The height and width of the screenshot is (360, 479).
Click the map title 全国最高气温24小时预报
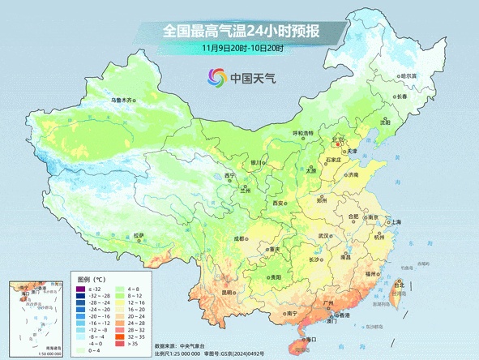[x=241, y=32]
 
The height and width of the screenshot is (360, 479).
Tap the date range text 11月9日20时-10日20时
[x=242, y=49]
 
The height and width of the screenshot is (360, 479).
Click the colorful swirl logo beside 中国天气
[x=216, y=79]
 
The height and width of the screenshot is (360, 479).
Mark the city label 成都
[x=239, y=239]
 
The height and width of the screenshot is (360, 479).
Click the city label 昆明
[x=228, y=292]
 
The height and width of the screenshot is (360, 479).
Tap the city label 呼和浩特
[x=302, y=133]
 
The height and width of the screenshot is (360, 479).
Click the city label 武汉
[x=324, y=236]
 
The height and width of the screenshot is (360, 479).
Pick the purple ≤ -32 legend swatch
[x=81, y=289]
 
